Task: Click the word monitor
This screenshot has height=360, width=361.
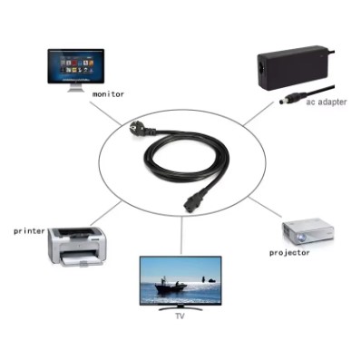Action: point(108,93)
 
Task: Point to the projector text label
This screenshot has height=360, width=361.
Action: point(289,253)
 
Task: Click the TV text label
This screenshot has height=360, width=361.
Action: point(180,318)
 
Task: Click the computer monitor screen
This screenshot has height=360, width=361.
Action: point(76,66)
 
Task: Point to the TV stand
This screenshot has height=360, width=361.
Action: point(180,308)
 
